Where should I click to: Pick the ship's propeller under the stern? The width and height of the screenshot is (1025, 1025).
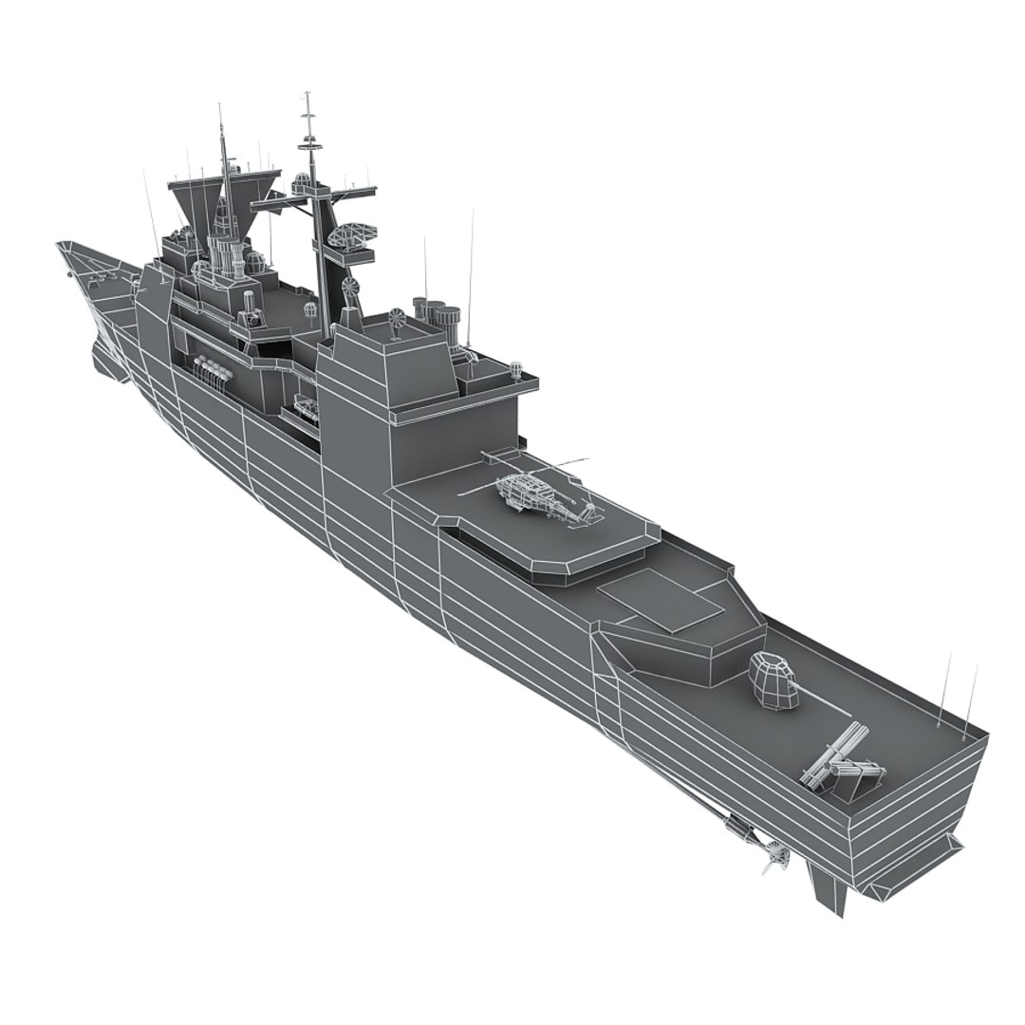pyautogui.click(x=774, y=858)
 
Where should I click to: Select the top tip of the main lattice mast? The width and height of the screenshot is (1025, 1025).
pyautogui.click(x=307, y=95)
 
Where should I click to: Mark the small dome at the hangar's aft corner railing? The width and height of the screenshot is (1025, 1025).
pyautogui.click(x=516, y=368)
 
